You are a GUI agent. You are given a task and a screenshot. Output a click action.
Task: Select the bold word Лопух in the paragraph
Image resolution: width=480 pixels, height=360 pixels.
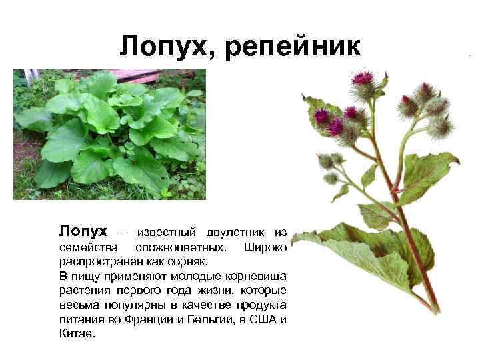(x=83, y=231)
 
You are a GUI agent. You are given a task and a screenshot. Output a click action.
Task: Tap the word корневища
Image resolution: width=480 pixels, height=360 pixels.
(x=257, y=276)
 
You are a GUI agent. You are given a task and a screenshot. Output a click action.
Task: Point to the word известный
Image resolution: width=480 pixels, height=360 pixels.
(x=163, y=233)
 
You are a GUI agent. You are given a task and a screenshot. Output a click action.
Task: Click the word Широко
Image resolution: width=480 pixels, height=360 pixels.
(x=266, y=247)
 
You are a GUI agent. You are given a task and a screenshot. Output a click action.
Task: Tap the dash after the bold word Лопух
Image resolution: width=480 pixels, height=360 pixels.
(x=121, y=233)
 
